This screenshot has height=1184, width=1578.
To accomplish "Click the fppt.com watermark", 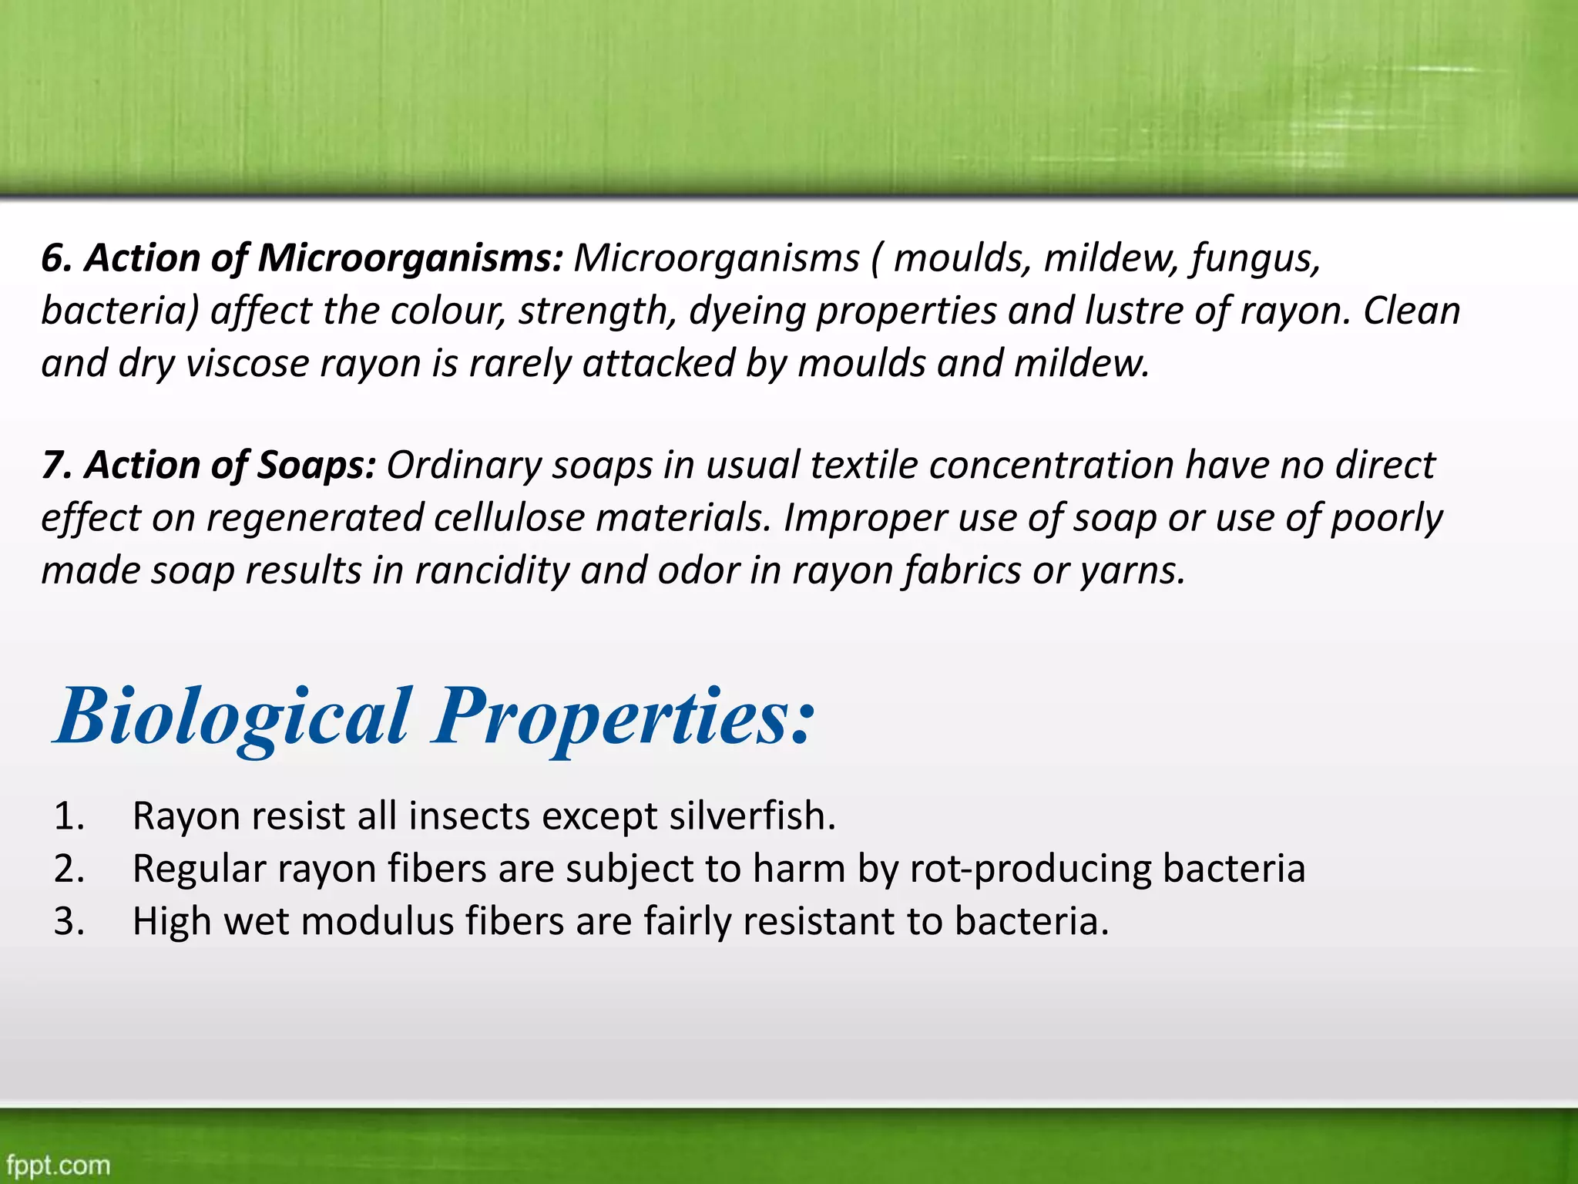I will tap(59, 1164).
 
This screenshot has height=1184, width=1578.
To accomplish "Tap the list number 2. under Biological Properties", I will tap(69, 869).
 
